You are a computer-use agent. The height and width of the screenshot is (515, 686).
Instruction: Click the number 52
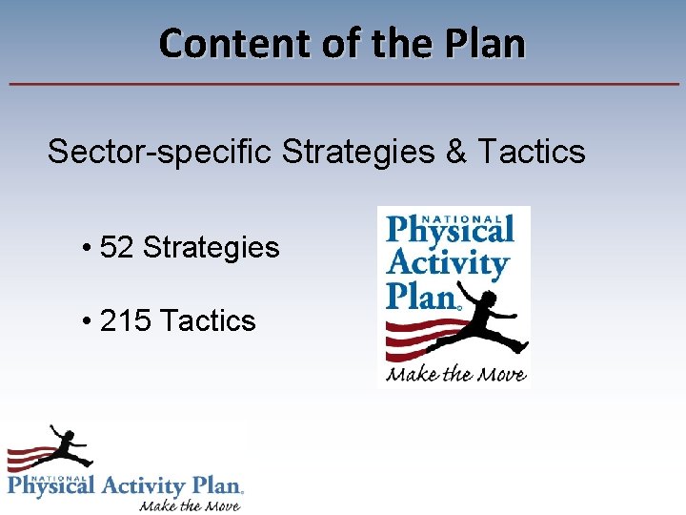pyautogui.click(x=117, y=248)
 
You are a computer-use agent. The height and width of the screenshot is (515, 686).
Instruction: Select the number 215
pyautogui.click(x=126, y=320)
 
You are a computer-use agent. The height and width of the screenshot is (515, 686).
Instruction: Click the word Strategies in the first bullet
pyautogui.click(x=211, y=248)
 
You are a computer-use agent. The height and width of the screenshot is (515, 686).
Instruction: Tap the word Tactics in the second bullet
pyautogui.click(x=208, y=320)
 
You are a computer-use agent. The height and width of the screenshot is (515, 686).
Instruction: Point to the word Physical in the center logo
pyautogui.click(x=450, y=231)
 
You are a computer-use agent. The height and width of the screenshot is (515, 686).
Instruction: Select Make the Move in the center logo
pyautogui.click(x=455, y=373)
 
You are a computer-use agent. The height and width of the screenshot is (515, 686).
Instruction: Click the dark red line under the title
pyautogui.click(x=343, y=85)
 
